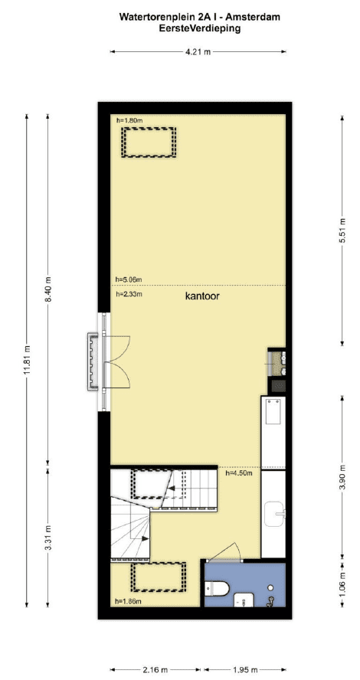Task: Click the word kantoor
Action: point(202,296)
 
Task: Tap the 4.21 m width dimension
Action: point(198,52)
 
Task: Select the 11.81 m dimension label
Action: point(27,361)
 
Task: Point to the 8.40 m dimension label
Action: point(47,289)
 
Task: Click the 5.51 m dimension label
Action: point(342,230)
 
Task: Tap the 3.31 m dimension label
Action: point(47,537)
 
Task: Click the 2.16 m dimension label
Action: point(155,670)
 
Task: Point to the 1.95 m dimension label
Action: point(245,670)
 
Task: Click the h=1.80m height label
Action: point(129,120)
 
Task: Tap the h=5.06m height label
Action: point(129,280)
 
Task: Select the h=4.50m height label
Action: point(239,472)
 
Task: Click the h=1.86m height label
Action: point(129,601)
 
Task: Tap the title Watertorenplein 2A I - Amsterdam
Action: point(199,18)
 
